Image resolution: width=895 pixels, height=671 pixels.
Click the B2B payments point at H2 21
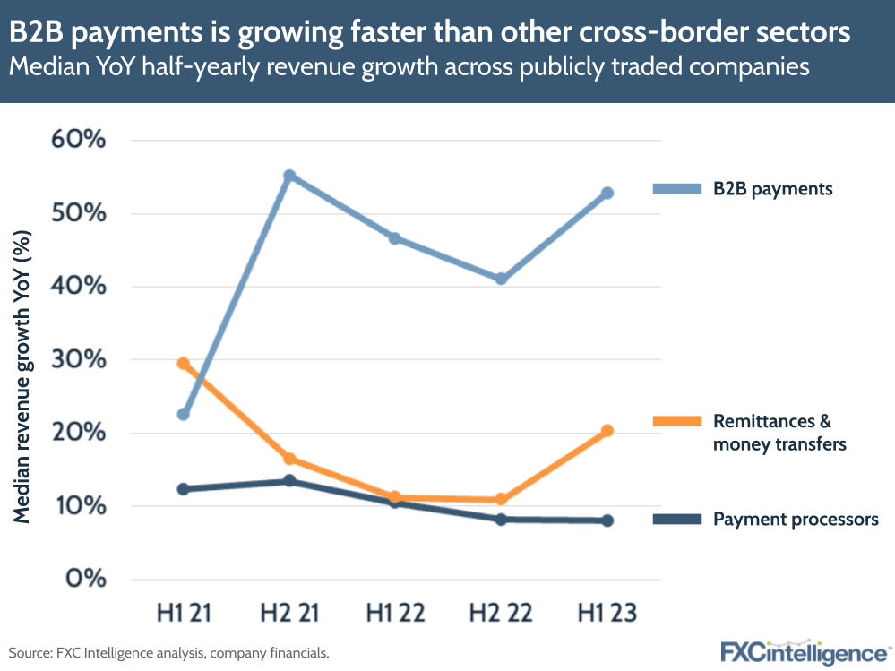click(289, 176)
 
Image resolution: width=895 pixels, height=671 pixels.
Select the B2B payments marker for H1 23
click(607, 194)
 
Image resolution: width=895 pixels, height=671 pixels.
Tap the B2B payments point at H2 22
click(501, 279)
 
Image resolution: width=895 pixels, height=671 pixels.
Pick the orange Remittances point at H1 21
click(183, 364)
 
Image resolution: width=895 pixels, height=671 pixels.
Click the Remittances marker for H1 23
click(607, 431)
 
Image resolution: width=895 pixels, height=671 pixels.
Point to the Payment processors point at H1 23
click(607, 520)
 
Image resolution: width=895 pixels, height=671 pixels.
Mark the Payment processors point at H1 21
click(183, 489)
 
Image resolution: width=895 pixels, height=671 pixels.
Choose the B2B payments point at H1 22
click(395, 239)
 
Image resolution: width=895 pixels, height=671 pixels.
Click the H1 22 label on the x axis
click(395, 614)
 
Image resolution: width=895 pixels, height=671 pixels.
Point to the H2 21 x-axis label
click(289, 614)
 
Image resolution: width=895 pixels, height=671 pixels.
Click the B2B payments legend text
click(773, 189)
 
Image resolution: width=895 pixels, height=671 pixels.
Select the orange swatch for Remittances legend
click(677, 421)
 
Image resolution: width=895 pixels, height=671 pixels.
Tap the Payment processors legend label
click(796, 520)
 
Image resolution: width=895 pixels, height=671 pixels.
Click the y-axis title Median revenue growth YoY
click(24, 376)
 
